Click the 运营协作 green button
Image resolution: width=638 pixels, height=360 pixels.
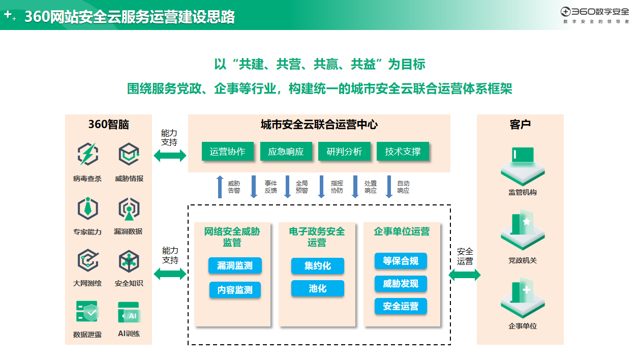coord(227,152)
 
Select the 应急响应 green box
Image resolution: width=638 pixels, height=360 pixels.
coord(286,152)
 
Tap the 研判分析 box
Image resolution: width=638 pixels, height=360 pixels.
coord(344,152)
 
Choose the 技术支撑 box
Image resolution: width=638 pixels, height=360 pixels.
coord(403,152)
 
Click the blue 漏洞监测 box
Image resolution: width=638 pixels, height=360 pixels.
coord(235,265)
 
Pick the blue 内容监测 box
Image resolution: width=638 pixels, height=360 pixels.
coord(235,290)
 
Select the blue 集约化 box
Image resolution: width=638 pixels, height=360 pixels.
coord(318,265)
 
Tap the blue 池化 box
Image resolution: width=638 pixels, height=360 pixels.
coord(318,288)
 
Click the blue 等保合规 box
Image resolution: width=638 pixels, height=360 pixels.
coord(401,261)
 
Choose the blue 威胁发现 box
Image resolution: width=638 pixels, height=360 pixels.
coord(401,284)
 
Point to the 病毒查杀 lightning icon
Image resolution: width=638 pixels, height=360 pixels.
coord(87,154)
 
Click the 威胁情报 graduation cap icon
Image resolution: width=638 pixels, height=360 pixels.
coord(129,154)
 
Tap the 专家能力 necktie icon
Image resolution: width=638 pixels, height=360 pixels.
coord(87,208)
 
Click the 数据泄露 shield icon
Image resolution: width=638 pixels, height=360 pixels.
coord(87,312)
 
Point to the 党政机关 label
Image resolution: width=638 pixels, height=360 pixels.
coord(523,260)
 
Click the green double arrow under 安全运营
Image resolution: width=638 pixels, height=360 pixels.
coord(465,275)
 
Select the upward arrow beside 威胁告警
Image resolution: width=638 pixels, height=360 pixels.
coord(220,187)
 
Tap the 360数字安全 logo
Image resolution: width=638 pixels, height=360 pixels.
coord(595,12)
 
